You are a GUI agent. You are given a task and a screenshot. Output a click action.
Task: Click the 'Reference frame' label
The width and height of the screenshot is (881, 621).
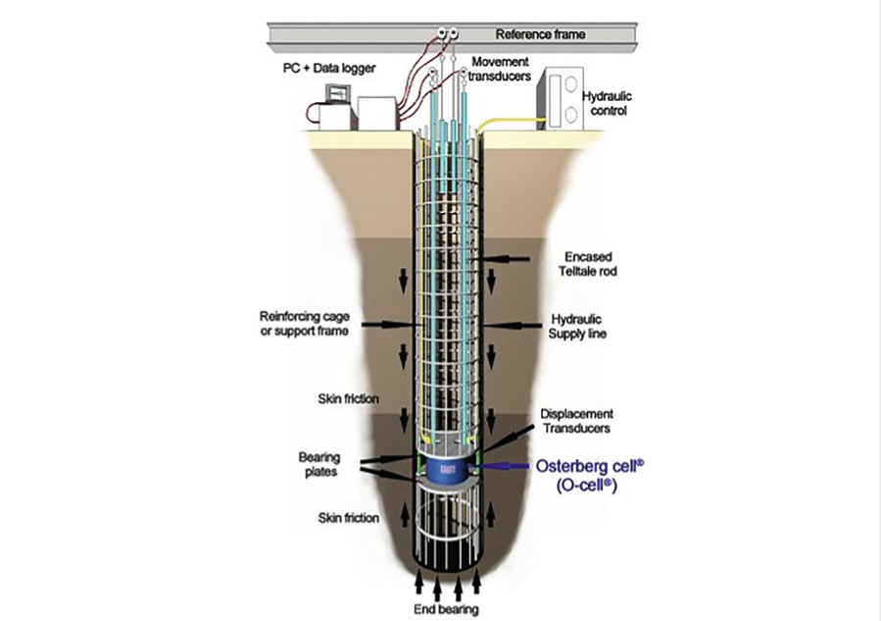(540, 34)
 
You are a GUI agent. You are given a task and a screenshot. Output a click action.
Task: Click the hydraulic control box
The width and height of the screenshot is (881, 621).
(559, 100)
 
